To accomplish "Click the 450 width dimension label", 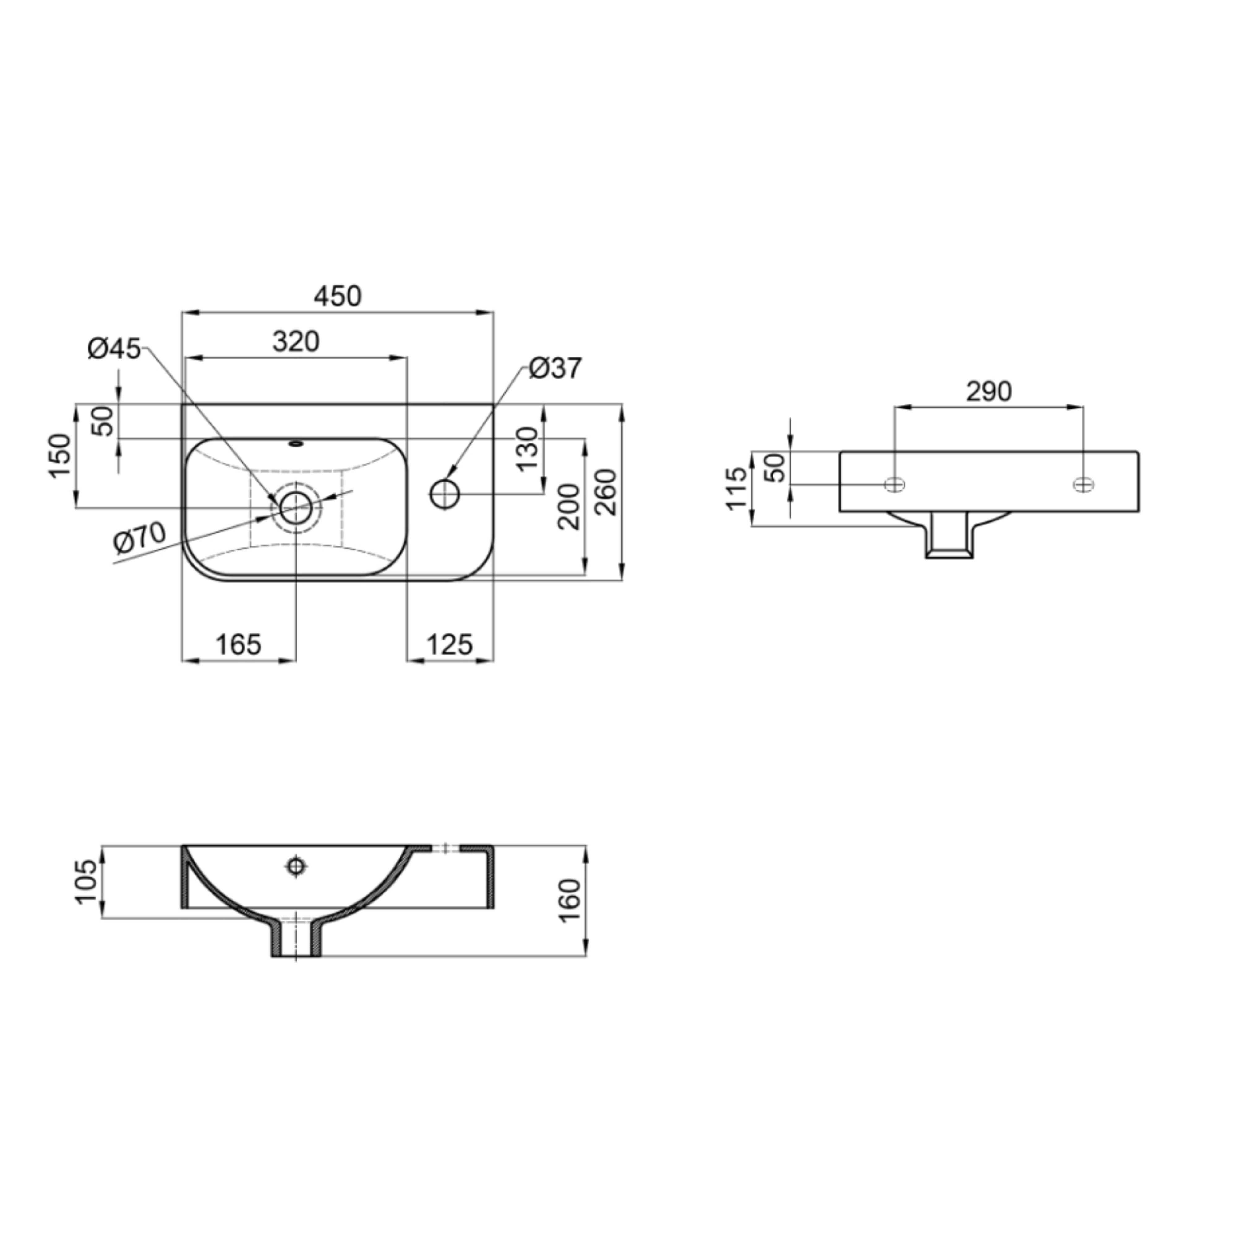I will coord(337,296).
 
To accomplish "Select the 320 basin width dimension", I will coord(296,342).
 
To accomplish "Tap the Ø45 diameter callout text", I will coord(114,349).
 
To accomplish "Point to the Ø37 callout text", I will coord(556,368).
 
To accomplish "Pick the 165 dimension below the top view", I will coord(238,645).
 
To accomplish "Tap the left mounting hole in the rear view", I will coord(894,485).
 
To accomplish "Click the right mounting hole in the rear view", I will coord(1083,485).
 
